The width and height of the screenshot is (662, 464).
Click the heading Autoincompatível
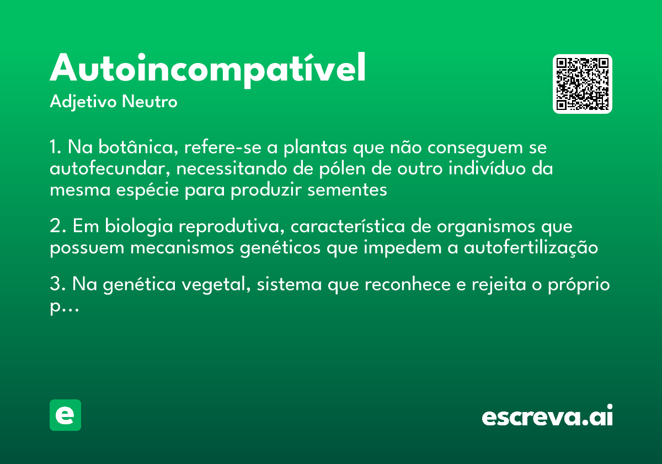click(208, 69)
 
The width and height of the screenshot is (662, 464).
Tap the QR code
click(583, 84)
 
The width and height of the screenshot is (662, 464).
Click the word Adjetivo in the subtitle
click(83, 102)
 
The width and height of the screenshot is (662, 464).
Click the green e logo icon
click(65, 415)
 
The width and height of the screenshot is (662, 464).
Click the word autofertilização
click(531, 248)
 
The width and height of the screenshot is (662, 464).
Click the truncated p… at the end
click(64, 307)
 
